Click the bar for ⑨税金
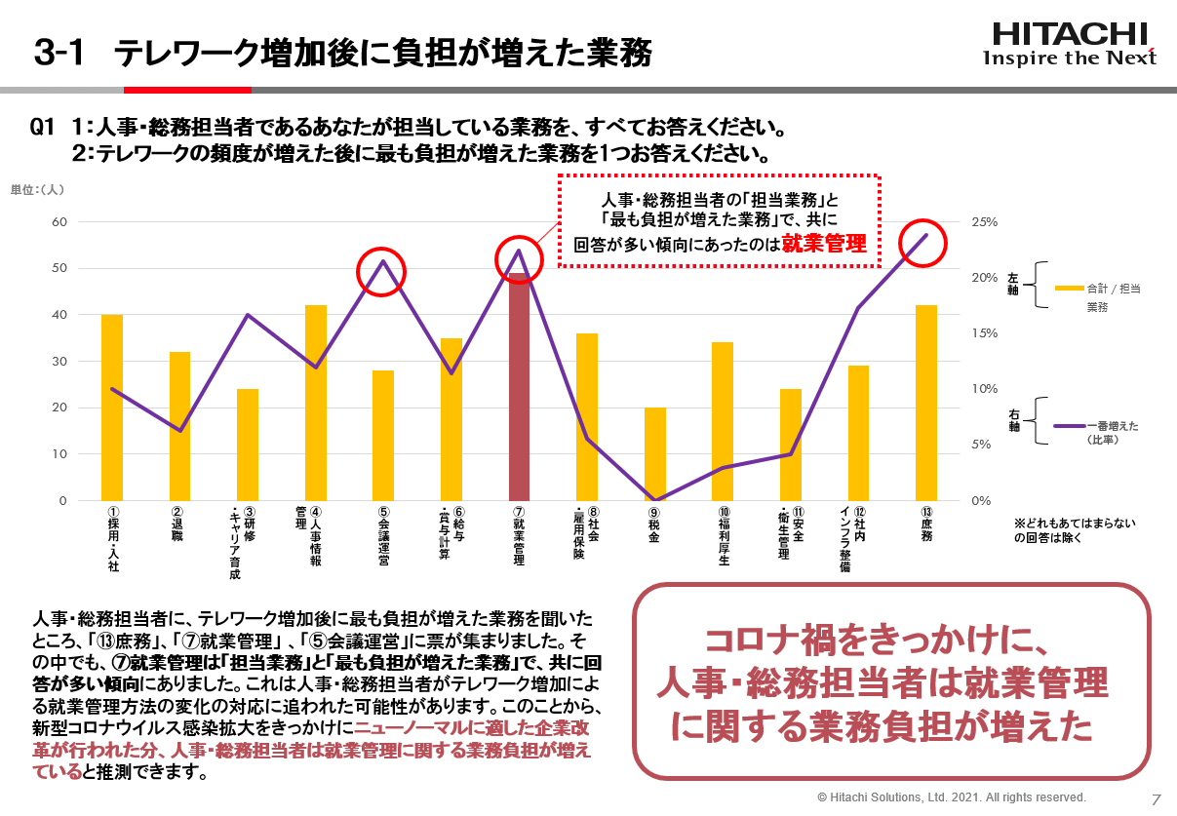pos(654,454)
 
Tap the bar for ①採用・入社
pos(112,408)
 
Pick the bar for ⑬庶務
pos(925,403)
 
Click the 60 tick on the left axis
pos(59,222)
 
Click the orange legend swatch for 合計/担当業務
pos(1070,289)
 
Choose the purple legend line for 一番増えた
pos(1070,426)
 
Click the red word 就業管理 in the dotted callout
pos(825,244)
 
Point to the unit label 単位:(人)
pos(37,189)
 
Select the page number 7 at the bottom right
pos(1156,798)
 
